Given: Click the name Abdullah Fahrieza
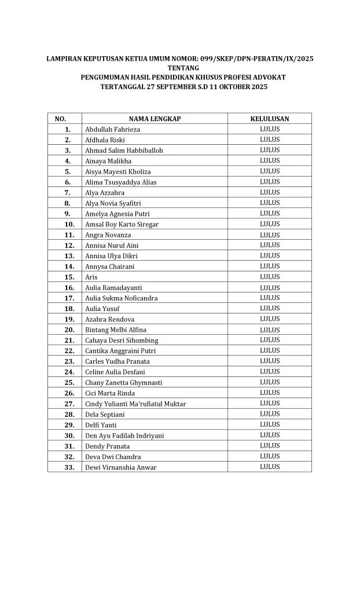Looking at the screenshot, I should (112, 129).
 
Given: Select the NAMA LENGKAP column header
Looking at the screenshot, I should (155, 119).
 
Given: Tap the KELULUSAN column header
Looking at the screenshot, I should (269, 119).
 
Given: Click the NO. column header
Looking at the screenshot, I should (60, 119).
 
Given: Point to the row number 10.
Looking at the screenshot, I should (69, 224).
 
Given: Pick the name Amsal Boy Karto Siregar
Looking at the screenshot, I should (122, 224).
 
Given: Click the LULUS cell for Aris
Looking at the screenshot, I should (269, 277).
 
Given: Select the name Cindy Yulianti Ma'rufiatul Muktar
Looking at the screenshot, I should (135, 404).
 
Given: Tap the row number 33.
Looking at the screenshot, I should (69, 467).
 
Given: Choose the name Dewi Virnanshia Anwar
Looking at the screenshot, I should (120, 467).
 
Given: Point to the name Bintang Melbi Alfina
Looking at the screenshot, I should (116, 330).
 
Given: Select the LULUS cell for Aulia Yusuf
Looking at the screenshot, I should (269, 309).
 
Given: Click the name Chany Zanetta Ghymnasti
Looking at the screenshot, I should (123, 383).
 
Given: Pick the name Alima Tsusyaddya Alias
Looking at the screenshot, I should (120, 182).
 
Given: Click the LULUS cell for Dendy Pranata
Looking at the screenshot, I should (269, 446).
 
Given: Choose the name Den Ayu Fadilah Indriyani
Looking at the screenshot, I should (124, 435).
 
